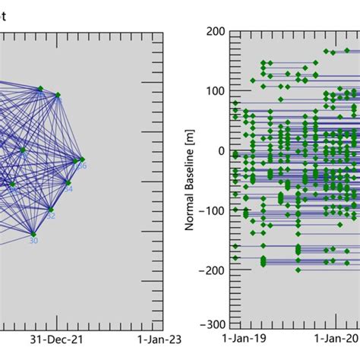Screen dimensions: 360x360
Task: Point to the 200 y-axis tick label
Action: point(216,32)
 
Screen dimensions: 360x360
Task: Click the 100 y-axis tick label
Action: point(216,91)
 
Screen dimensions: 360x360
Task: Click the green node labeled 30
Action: point(33,234)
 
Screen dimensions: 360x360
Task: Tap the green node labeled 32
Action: point(50,210)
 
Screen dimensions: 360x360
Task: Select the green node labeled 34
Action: point(68,182)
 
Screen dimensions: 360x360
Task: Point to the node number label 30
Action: point(33,242)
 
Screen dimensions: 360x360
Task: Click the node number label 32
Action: point(52,216)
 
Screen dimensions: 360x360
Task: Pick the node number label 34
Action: point(68,189)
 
